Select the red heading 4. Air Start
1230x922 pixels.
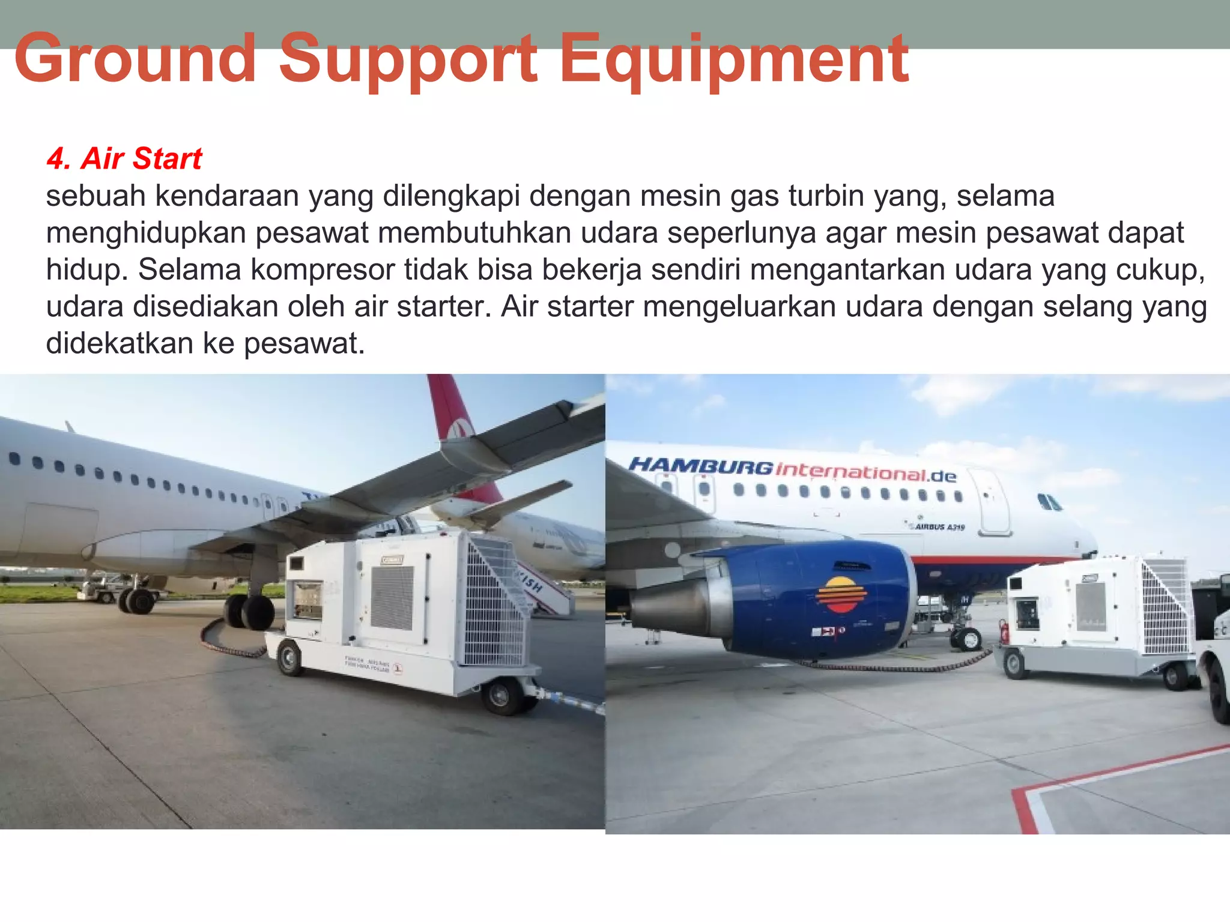(124, 159)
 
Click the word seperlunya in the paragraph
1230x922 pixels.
(741, 233)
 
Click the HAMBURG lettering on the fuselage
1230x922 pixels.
(700, 465)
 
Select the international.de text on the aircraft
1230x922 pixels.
(865, 472)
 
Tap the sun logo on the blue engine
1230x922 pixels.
(841, 594)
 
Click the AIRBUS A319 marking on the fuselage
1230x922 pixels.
(940, 526)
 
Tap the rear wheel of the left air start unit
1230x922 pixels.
(289, 657)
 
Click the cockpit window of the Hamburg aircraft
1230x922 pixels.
(1049, 502)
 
